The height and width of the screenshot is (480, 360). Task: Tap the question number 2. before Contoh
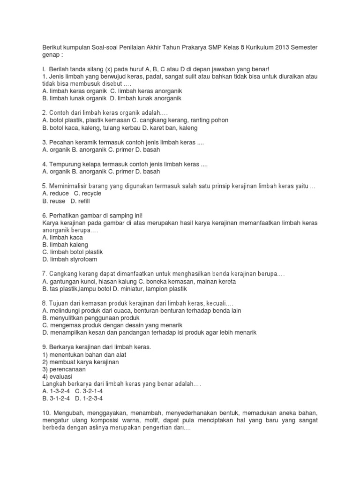point(45,113)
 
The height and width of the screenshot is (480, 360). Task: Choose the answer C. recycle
point(88,193)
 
